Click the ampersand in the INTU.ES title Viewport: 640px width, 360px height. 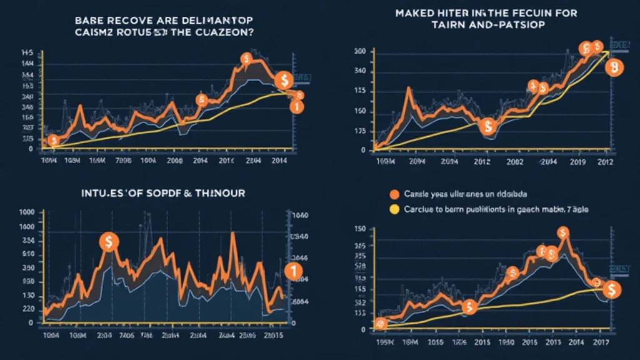point(186,194)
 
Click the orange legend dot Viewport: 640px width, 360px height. point(394,194)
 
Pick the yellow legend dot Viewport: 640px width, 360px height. point(394,210)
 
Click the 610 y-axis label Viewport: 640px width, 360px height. point(27,254)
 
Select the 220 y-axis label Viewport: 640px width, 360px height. point(27,309)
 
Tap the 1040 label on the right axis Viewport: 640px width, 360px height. point(301,216)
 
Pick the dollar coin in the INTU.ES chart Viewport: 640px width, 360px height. point(109,242)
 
